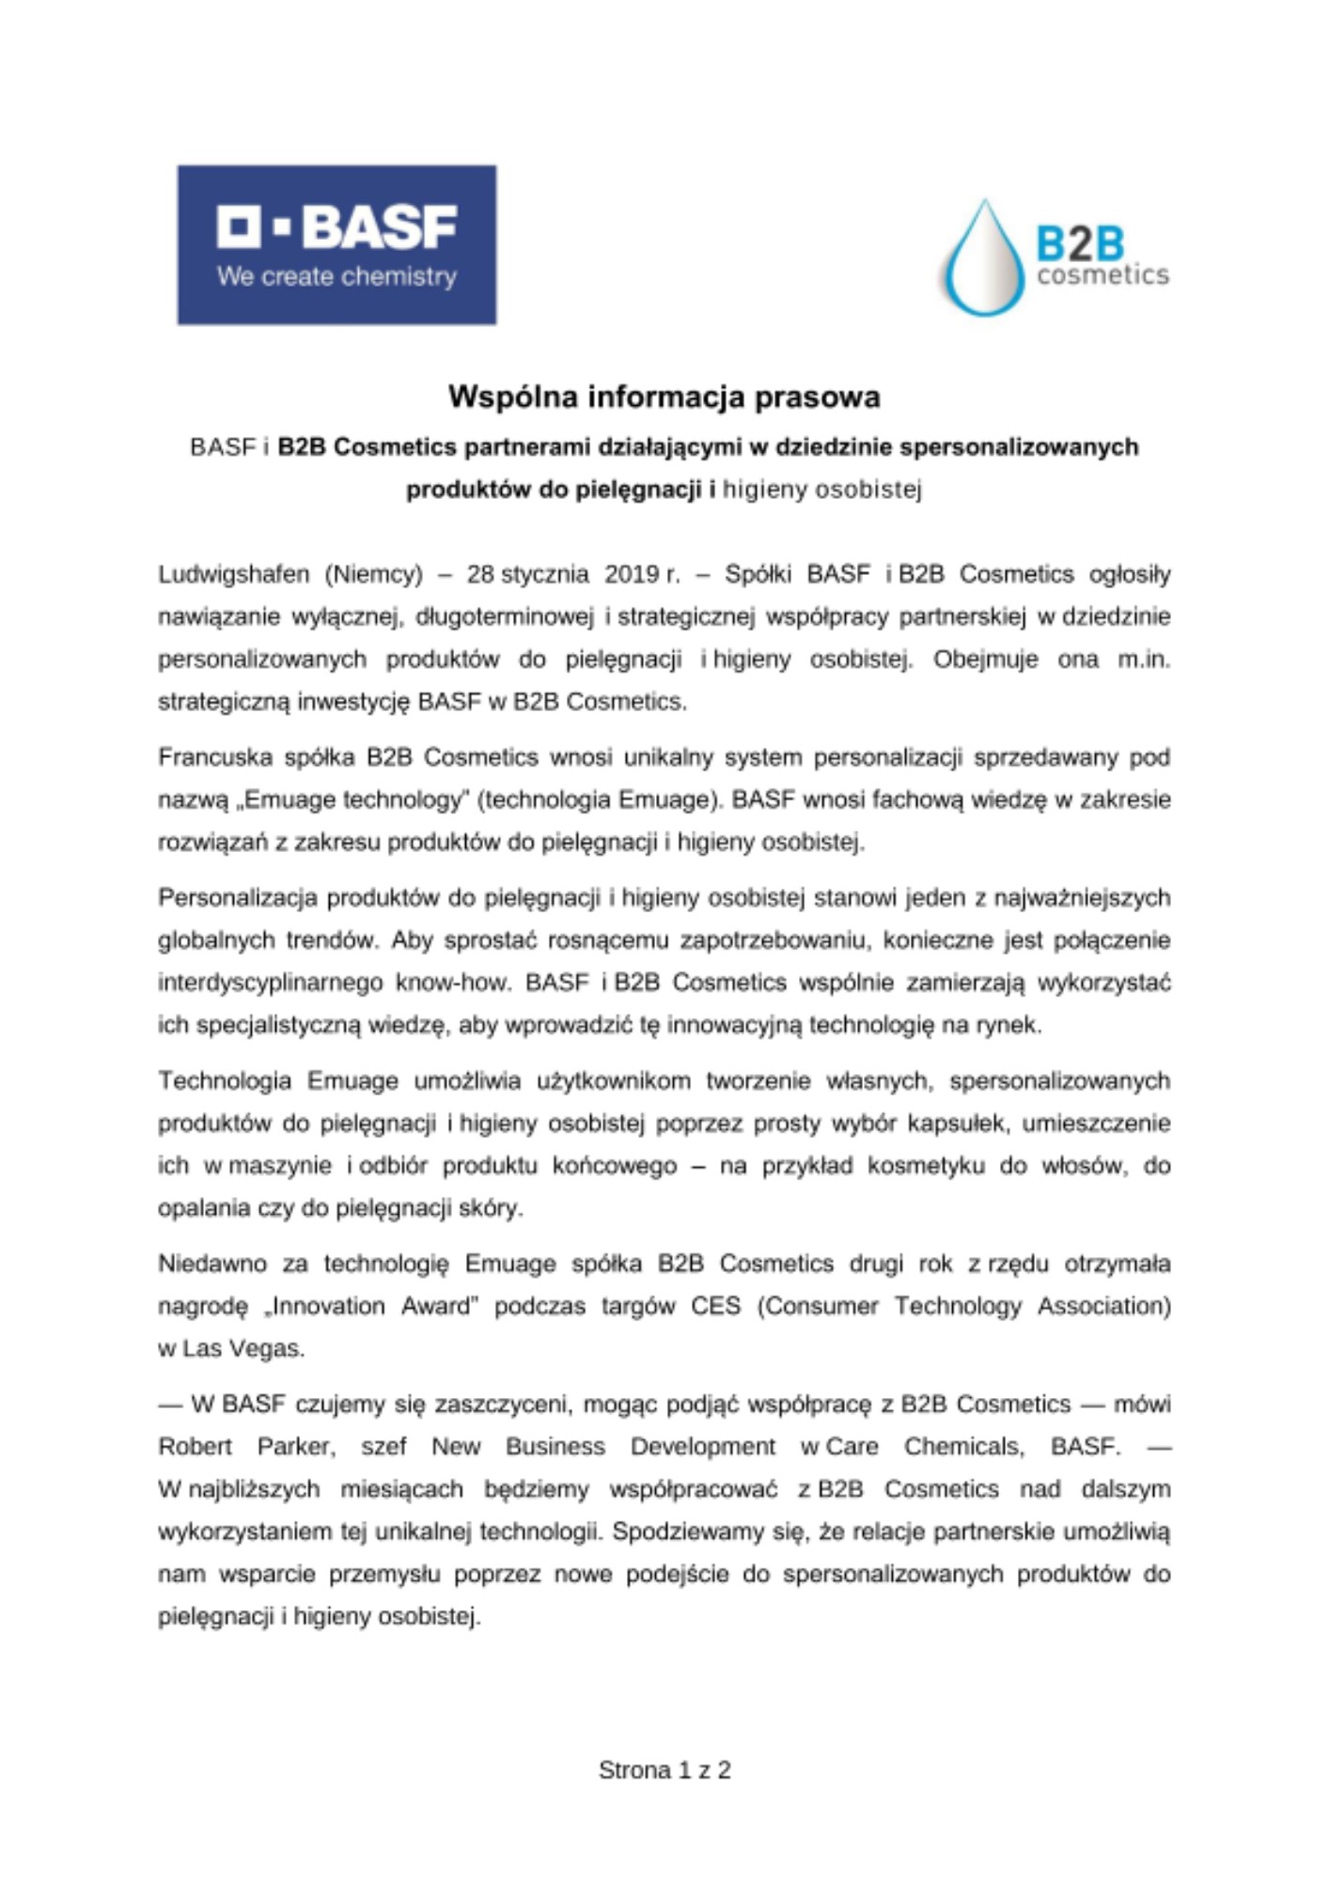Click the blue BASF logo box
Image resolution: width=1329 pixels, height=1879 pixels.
pos(336,244)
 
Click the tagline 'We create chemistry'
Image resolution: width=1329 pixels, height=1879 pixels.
pos(336,276)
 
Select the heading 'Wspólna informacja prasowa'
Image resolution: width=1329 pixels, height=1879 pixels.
pos(664,396)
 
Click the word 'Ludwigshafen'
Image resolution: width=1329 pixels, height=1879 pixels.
pos(220,574)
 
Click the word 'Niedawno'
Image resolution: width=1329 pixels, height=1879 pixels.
pos(212,1264)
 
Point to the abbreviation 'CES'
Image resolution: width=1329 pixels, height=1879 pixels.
pos(716,1306)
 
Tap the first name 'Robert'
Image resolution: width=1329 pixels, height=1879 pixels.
pos(195,1447)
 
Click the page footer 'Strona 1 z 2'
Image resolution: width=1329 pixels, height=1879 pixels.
pos(664,1770)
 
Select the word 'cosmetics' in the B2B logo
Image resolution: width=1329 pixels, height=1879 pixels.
pos(1102,275)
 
